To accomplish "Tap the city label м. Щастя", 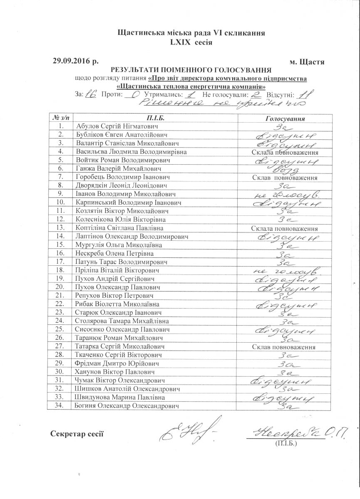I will [307, 62].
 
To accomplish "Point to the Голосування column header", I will [285, 119].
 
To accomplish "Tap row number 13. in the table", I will [61, 228].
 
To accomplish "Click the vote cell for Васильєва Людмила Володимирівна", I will [285, 152].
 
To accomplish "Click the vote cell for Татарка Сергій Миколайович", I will [285, 347].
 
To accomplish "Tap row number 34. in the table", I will [61, 406].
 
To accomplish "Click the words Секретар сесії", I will [77, 434].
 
